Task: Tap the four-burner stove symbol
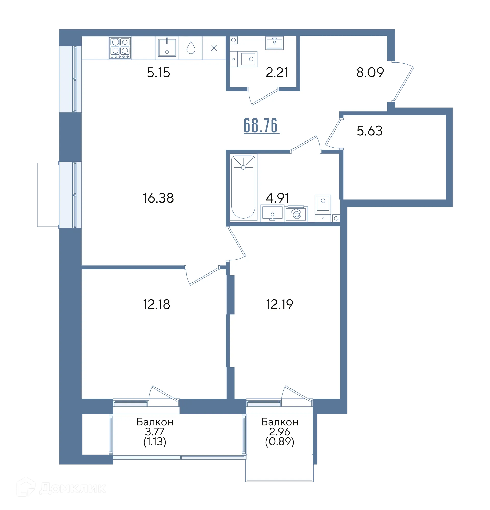pos(120,48)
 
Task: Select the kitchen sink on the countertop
pos(167,48)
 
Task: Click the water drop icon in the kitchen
pos(191,48)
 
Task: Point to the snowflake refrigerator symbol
pos(214,48)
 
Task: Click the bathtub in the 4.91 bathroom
pos(243,187)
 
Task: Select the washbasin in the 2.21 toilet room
pos(274,43)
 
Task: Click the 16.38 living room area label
pos(158,198)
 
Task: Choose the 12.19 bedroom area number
pos(280,304)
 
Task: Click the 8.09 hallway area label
pos(370,72)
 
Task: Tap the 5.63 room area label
pos(369,131)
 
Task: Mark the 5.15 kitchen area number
pos(158,72)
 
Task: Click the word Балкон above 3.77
pos(155,422)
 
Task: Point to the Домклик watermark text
pos(72,488)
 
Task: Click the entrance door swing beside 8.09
pos(403,81)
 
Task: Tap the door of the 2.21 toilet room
pos(263,96)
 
